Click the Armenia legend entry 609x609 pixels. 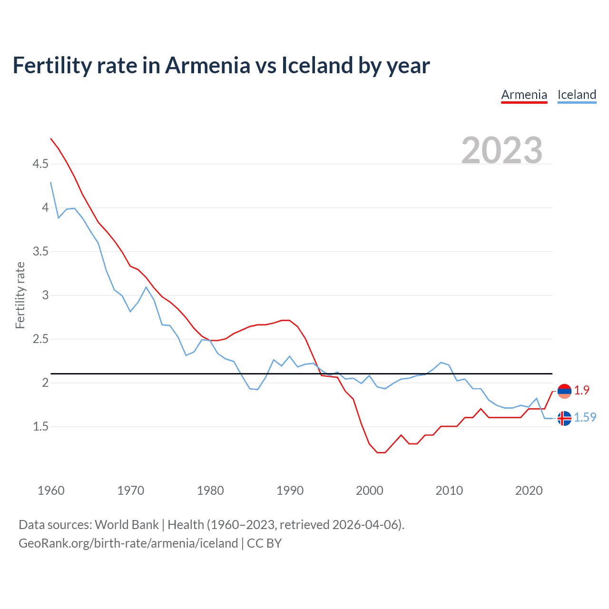(524, 95)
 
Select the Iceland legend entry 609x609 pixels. (577, 95)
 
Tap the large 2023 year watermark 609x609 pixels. (501, 150)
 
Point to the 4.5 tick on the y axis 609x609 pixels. (40, 164)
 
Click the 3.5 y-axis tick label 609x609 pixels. (40, 252)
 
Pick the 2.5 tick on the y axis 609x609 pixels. (40, 339)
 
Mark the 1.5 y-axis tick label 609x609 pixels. (40, 427)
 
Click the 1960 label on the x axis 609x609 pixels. (51, 491)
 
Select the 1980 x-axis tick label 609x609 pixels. (210, 491)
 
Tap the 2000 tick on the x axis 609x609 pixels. (369, 491)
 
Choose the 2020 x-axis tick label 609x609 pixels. (529, 491)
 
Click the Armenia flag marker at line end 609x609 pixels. (564, 391)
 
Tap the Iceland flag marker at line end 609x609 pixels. (564, 418)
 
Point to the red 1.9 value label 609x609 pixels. (581, 390)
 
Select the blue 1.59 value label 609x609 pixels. (585, 417)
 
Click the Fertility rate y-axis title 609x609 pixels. (20, 295)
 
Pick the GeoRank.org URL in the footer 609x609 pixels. (128, 543)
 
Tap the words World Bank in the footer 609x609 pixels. (127, 525)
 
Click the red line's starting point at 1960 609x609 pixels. (51, 138)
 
